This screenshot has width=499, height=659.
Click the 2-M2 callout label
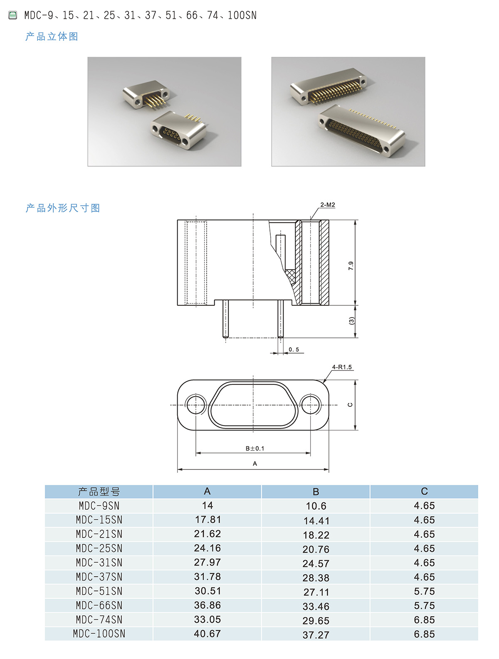click(327, 205)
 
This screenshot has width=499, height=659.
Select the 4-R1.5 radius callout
click(341, 367)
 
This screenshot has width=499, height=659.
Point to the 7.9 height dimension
click(351, 266)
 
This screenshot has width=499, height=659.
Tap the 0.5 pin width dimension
click(294, 349)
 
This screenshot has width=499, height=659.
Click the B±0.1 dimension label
click(254, 448)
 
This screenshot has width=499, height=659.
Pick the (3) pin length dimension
click(351, 321)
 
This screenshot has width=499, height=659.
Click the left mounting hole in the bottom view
click(195, 404)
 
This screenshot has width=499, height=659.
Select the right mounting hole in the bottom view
click(310, 404)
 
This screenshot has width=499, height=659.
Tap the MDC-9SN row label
click(99, 506)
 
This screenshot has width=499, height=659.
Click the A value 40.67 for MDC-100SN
click(207, 634)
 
